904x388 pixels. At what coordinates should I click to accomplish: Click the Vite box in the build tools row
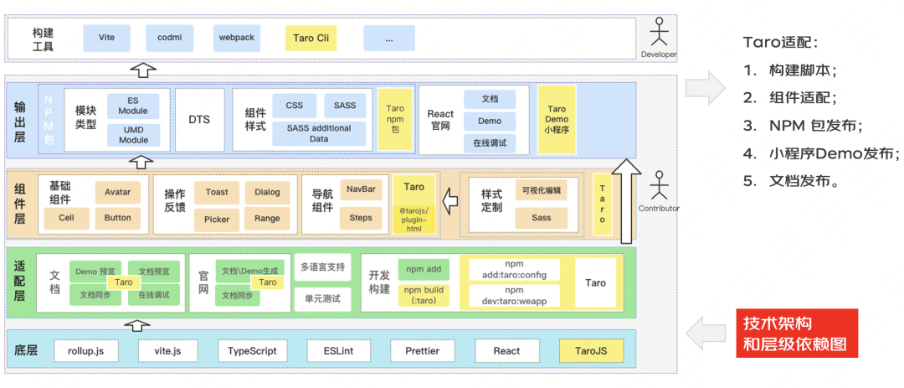[105, 39]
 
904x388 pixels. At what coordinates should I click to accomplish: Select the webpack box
[236, 39]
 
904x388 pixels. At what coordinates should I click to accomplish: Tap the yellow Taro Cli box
[311, 39]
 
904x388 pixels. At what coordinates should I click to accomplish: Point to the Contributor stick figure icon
[660, 186]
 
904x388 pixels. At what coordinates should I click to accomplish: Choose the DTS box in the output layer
[199, 120]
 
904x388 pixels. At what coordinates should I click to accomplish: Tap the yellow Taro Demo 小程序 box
[557, 120]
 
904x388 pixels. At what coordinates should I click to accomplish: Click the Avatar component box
[118, 192]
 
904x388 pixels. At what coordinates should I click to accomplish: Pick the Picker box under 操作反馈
[217, 220]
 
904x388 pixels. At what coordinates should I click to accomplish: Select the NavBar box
[361, 189]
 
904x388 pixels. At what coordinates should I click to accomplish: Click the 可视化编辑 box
[541, 190]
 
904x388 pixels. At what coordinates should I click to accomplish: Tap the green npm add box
[424, 269]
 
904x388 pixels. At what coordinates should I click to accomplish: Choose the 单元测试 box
[322, 298]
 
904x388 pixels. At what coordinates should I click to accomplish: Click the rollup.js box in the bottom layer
[86, 351]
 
